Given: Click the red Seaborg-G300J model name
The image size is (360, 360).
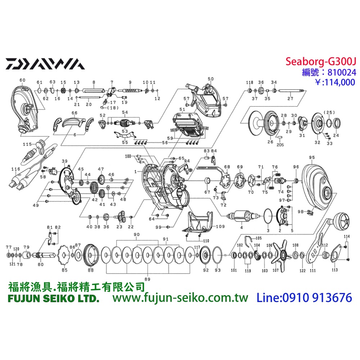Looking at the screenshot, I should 320,62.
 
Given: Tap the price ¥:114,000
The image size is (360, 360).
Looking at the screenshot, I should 330,82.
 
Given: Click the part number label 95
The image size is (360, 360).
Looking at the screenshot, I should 312,158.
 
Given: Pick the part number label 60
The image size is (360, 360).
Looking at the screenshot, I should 22,80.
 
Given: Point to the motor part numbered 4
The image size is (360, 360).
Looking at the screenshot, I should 242,216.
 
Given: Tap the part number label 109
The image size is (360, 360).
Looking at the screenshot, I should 220,227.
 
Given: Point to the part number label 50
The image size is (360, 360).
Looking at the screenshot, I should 211,79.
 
